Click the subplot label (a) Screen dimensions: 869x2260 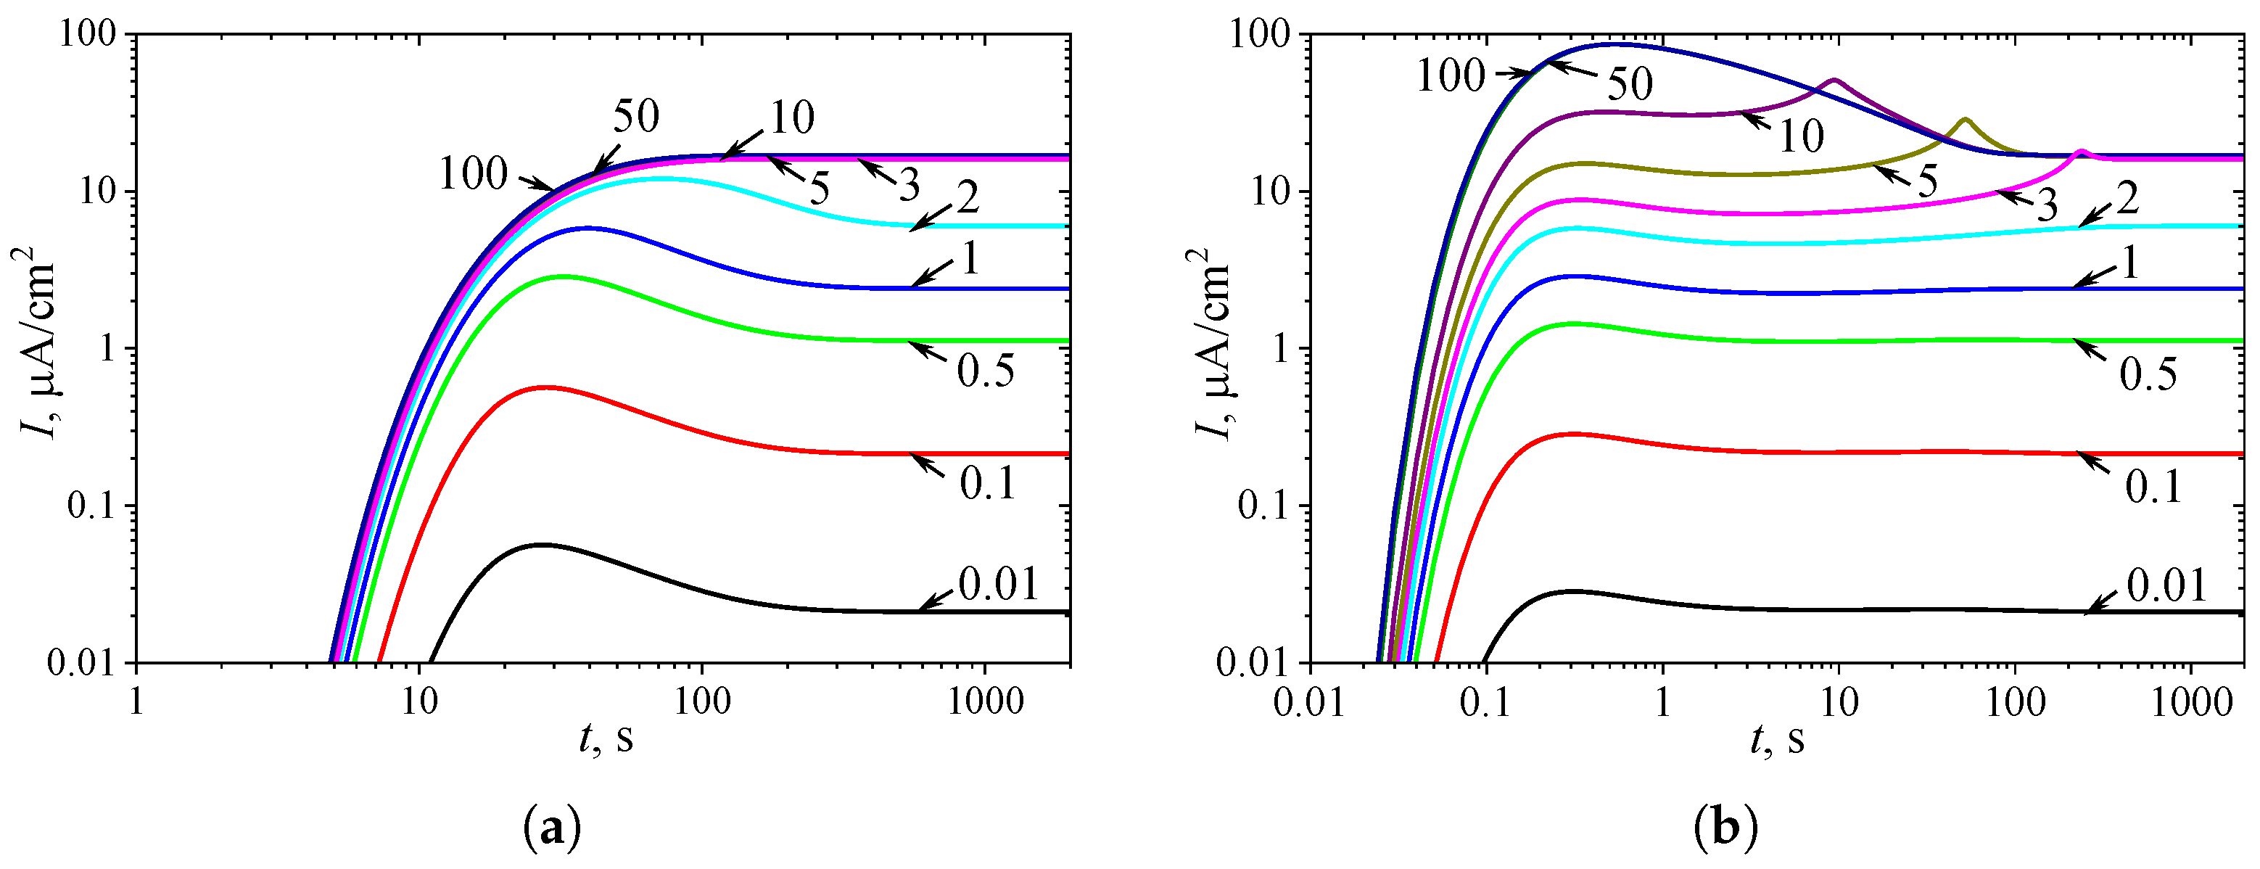click(552, 828)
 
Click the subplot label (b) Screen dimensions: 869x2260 click(1725, 828)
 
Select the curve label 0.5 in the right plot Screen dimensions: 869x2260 click(2148, 375)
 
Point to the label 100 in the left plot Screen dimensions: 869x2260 click(473, 174)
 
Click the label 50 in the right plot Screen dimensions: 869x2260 click(1630, 84)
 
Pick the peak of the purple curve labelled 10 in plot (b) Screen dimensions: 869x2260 click(1833, 80)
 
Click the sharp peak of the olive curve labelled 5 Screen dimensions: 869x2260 click(1966, 120)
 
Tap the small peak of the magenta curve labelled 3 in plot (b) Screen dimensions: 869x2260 click(2080, 152)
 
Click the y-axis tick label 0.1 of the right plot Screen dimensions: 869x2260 click(1265, 506)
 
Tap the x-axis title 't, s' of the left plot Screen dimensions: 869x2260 click(606, 738)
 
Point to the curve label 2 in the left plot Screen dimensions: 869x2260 click(968, 198)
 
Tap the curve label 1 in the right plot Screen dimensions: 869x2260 click(2129, 263)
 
